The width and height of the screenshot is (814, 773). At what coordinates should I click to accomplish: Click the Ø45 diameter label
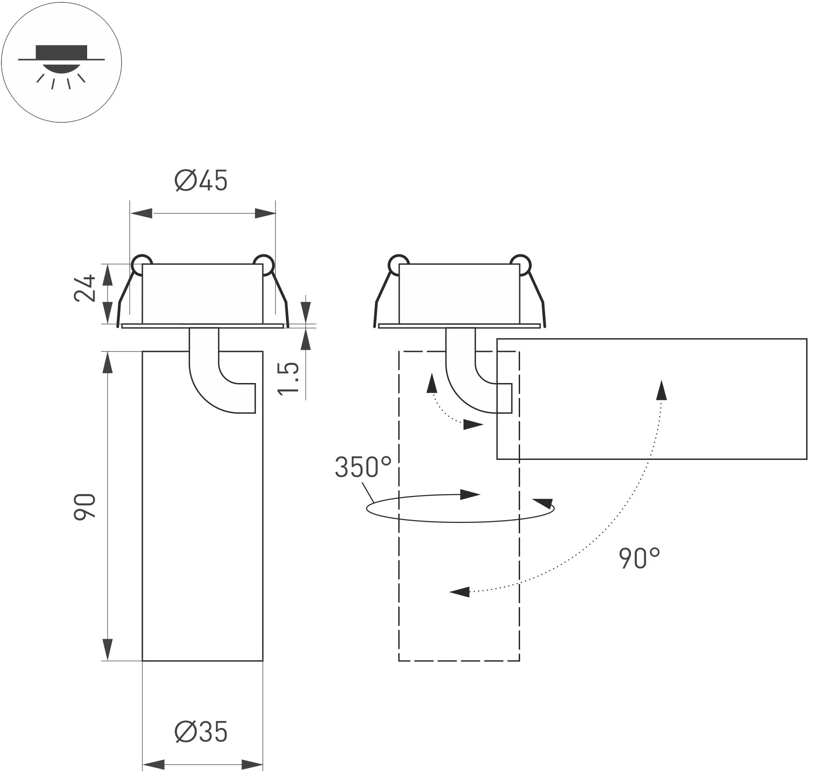coord(201,181)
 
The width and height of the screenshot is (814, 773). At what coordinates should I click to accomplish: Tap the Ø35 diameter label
coord(201,732)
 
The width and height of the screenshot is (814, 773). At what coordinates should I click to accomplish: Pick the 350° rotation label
coord(363,467)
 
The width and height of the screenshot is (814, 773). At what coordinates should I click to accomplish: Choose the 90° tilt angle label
coord(639,558)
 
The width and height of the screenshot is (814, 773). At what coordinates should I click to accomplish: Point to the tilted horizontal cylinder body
coord(651,399)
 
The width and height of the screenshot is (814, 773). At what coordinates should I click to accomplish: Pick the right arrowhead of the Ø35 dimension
coord(252,765)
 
